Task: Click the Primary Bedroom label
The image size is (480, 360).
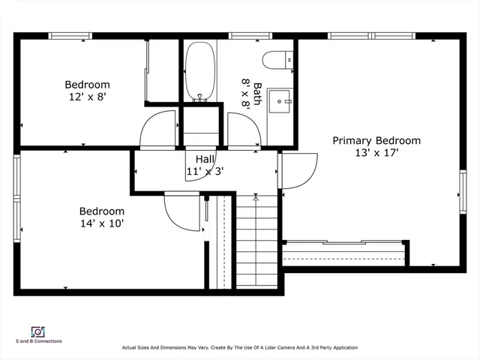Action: point(376,140)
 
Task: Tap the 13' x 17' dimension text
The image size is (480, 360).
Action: point(376,153)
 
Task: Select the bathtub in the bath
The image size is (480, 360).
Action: point(200,71)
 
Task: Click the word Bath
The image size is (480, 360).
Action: point(256,94)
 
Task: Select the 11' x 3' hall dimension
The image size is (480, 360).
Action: point(205,171)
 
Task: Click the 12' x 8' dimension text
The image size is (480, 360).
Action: point(87,97)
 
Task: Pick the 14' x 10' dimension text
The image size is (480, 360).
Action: point(102,223)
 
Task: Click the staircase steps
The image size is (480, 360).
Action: point(256,240)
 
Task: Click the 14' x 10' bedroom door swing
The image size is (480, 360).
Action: point(182,214)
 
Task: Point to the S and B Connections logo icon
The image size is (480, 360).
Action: point(37,331)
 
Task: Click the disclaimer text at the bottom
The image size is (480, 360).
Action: point(240,348)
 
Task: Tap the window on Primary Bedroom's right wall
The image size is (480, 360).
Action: point(462,193)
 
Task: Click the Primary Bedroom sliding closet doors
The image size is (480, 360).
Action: point(345,242)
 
